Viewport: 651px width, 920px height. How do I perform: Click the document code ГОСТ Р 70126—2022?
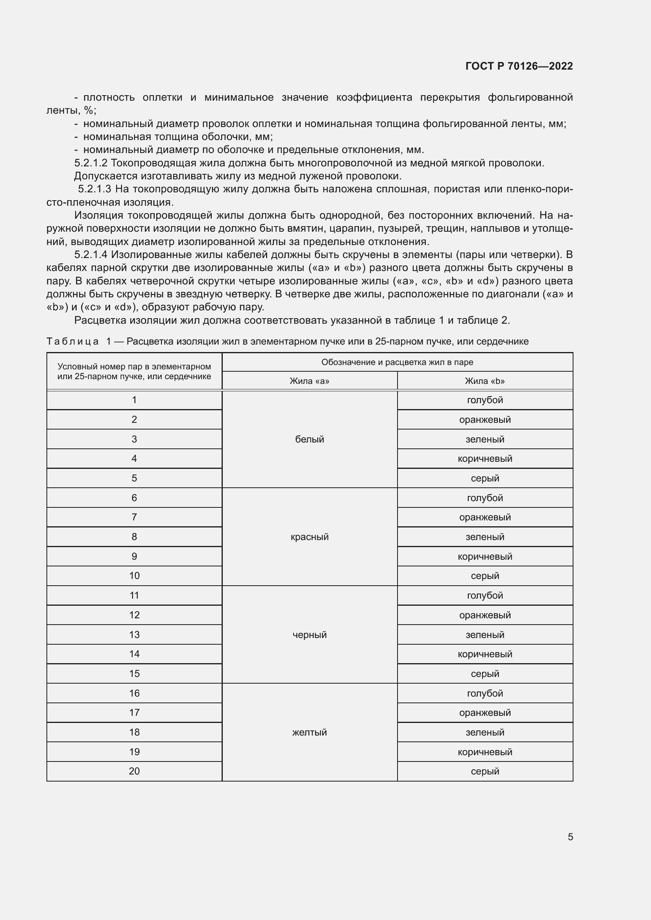click(x=519, y=66)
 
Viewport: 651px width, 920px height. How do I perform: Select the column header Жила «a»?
click(x=309, y=381)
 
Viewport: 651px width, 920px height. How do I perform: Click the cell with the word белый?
click(x=309, y=439)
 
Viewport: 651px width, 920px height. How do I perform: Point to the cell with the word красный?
click(x=309, y=537)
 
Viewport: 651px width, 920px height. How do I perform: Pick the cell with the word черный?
click(x=309, y=634)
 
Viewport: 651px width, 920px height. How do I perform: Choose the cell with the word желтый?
click(x=309, y=732)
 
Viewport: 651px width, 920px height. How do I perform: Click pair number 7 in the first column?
click(x=134, y=517)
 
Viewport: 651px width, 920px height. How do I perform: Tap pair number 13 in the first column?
click(x=134, y=634)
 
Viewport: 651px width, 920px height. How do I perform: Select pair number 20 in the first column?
click(x=134, y=771)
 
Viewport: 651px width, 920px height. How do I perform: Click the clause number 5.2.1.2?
click(x=91, y=163)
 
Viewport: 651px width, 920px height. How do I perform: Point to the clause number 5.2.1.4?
click(x=91, y=254)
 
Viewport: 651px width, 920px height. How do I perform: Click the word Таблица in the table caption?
click(x=72, y=341)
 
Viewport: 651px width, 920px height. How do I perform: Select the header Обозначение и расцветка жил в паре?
click(x=397, y=362)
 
